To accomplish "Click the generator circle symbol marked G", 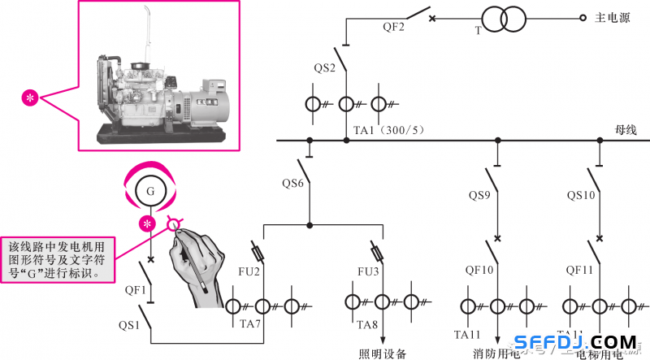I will pos(150,192).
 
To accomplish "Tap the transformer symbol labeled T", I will pos(503,20).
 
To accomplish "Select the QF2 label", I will pos(395,27).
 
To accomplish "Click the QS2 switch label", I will pos(325,67).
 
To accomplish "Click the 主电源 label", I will pos(613,18).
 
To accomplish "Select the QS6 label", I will pos(293,183).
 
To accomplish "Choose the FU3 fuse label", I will pos(369,269).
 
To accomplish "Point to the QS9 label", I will pos(479,195).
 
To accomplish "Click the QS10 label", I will pos(581,195).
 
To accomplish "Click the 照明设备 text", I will pos(382,353).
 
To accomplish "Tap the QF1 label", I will pos(135,288).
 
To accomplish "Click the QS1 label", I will pos(130,325).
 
